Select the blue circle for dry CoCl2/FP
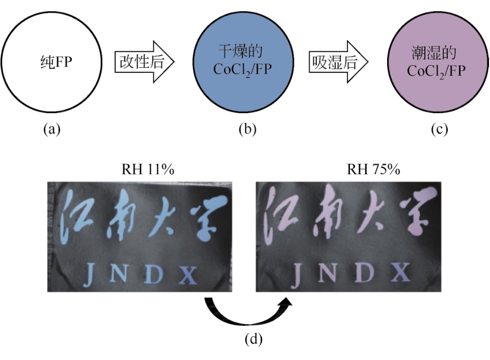click(242, 62)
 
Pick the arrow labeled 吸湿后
click(337, 63)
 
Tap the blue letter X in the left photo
click(189, 275)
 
